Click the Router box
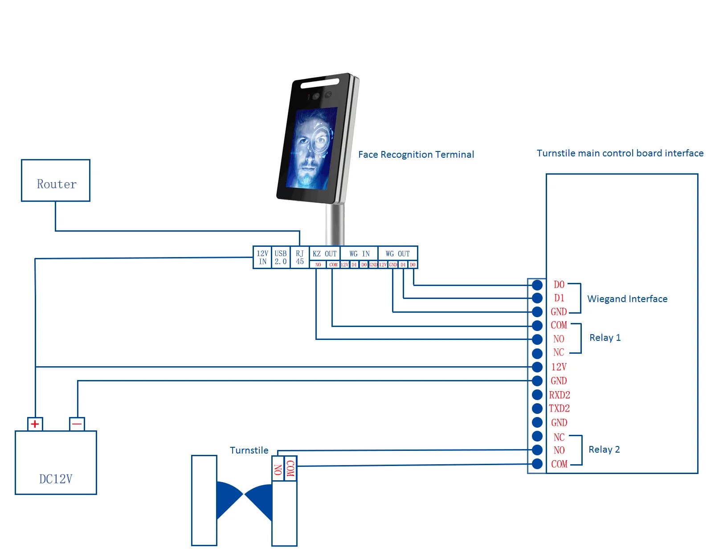[x=56, y=180]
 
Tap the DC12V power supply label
[x=56, y=479]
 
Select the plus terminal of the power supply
[x=35, y=424]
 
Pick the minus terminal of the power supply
[x=77, y=424]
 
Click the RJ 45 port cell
[x=300, y=258]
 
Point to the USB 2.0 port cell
[x=281, y=258]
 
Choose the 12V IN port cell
[x=262, y=258]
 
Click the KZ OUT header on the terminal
[x=325, y=253]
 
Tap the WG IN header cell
[x=359, y=253]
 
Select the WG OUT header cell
[x=398, y=253]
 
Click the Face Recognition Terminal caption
[x=416, y=155]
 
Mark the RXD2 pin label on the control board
[x=560, y=395]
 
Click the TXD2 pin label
[x=559, y=409]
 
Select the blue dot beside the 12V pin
[x=537, y=367]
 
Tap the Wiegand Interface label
[x=627, y=299]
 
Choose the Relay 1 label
[x=605, y=338]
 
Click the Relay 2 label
[x=604, y=450]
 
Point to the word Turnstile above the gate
[x=249, y=450]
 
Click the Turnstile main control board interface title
[x=620, y=153]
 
